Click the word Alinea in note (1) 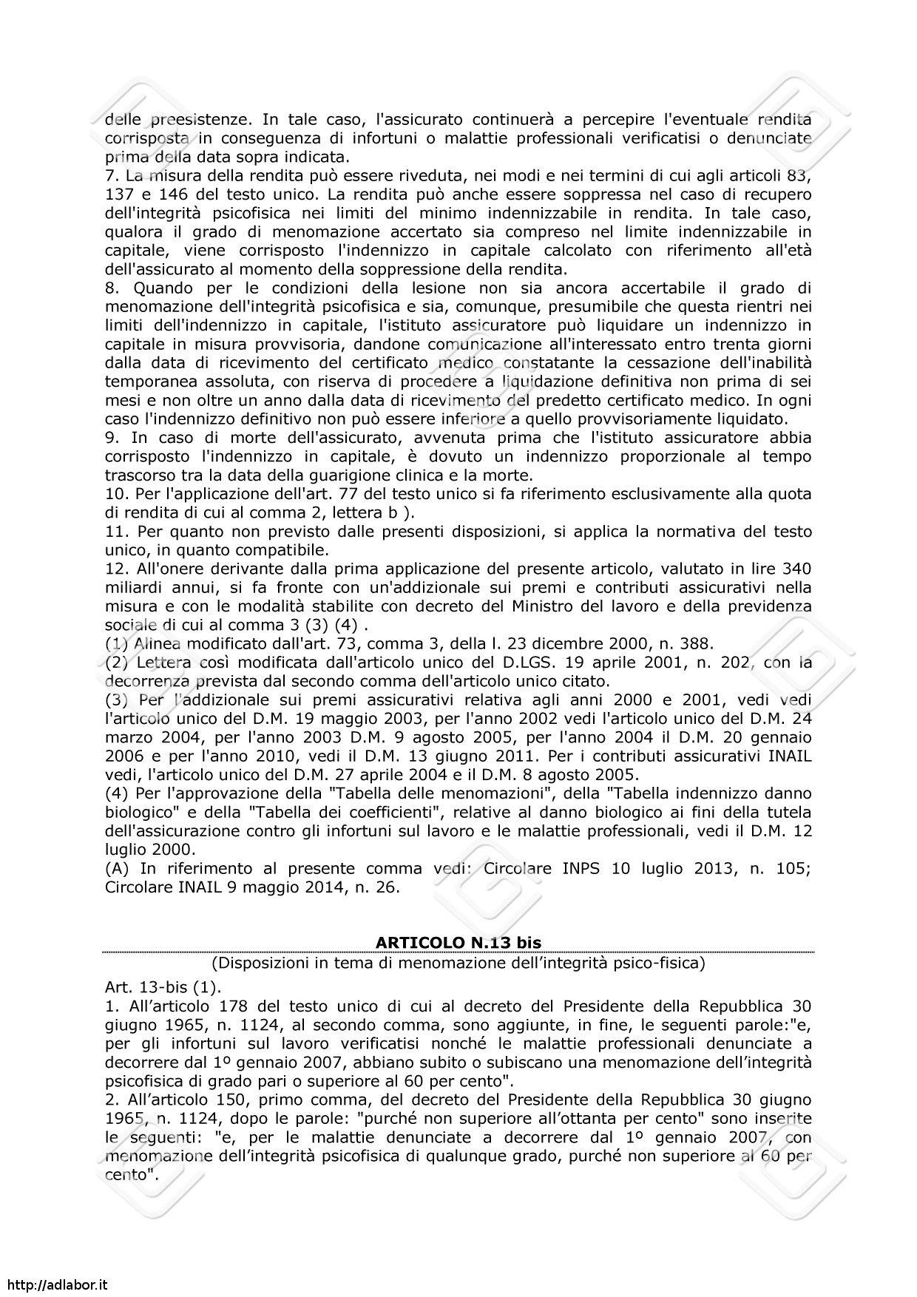coord(158,643)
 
